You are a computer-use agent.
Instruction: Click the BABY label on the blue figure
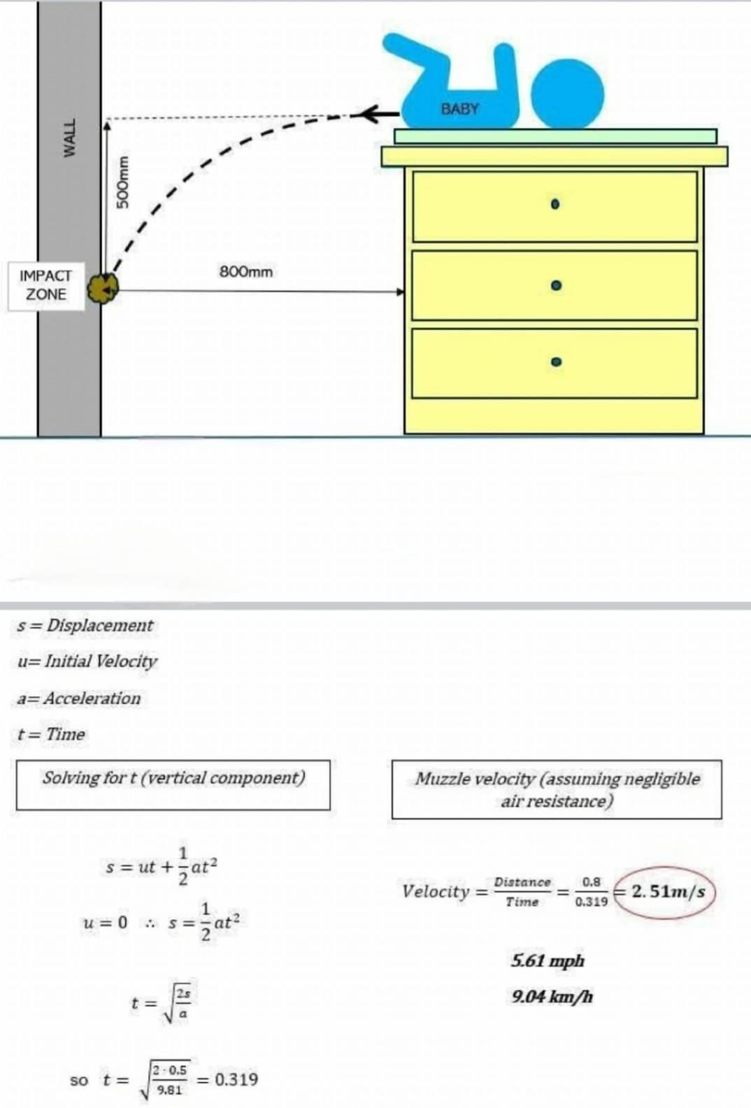click(x=459, y=109)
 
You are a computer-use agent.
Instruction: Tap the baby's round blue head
click(x=566, y=95)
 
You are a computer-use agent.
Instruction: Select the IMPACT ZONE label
click(x=45, y=285)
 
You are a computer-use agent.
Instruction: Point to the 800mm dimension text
click(x=246, y=271)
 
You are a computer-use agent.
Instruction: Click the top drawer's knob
click(x=555, y=205)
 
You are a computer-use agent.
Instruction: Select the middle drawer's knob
click(x=555, y=286)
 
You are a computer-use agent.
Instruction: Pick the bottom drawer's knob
click(x=555, y=361)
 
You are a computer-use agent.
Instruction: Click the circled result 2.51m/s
click(x=667, y=892)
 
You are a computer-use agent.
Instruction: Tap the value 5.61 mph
click(x=548, y=960)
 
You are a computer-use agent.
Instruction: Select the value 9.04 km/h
click(x=552, y=996)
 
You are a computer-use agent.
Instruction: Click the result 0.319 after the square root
click(x=236, y=1079)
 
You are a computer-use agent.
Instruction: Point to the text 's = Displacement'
click(x=85, y=626)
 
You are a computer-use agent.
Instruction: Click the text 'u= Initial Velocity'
click(x=87, y=661)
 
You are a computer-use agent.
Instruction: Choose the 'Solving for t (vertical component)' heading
click(x=173, y=777)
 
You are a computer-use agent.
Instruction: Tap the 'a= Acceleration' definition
click(x=79, y=698)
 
